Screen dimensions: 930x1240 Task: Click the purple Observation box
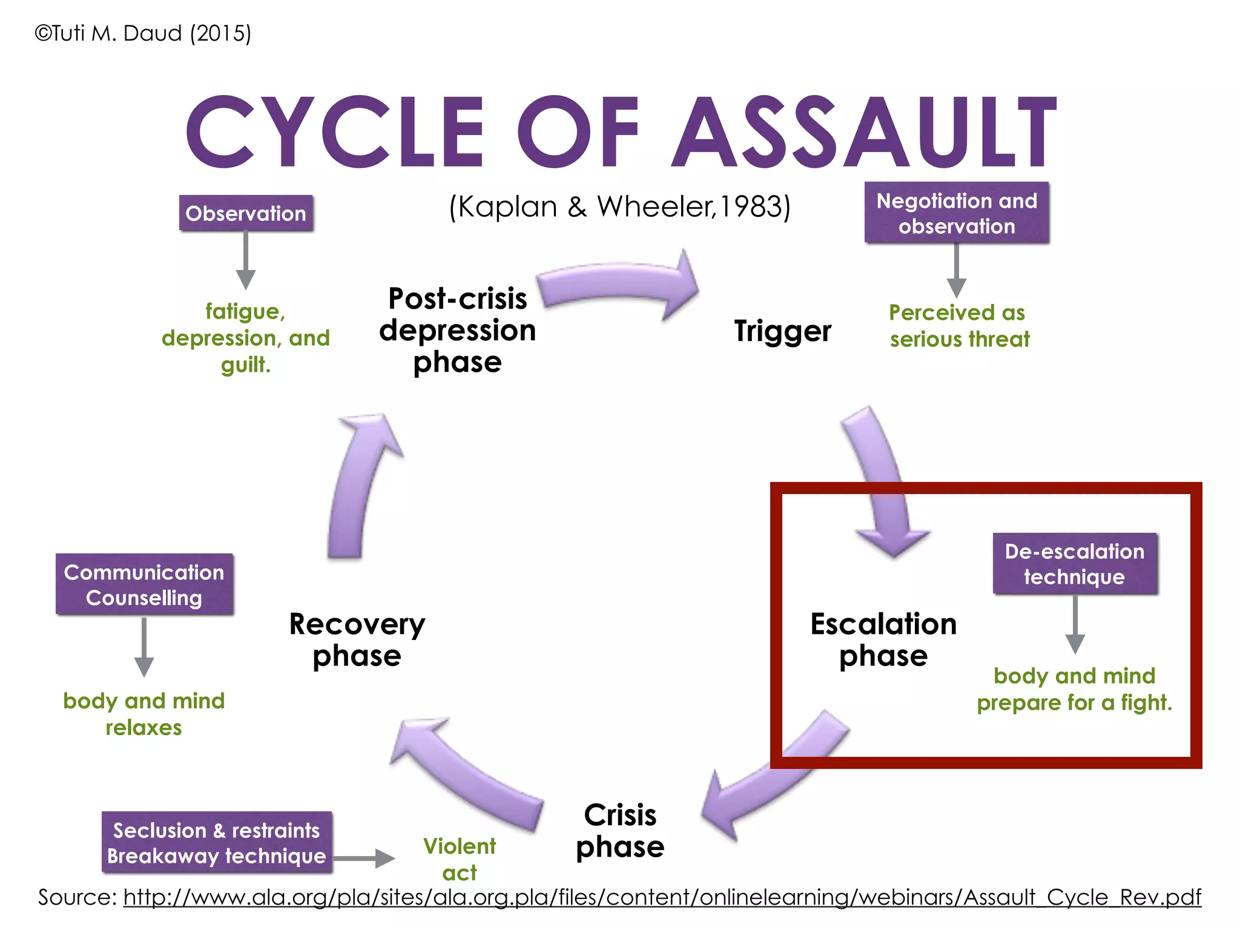coord(246,213)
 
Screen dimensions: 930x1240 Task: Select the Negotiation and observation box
coord(957,213)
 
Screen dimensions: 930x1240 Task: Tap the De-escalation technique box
coord(1075,564)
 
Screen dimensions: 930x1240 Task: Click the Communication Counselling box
coord(144,585)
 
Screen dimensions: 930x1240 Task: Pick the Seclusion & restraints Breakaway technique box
coord(217,843)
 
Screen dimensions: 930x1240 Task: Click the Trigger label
coord(782,331)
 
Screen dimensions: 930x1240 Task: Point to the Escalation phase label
coord(883,639)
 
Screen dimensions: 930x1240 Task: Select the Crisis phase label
coord(620,831)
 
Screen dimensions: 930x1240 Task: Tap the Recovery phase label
coord(357,639)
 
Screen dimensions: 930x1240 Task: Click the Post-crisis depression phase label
coord(458,331)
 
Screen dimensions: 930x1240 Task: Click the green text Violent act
coord(460,859)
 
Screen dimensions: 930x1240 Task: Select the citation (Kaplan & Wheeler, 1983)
coord(619,207)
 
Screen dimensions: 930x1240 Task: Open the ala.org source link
coord(662,897)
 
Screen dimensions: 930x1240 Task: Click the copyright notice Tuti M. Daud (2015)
coord(143,33)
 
